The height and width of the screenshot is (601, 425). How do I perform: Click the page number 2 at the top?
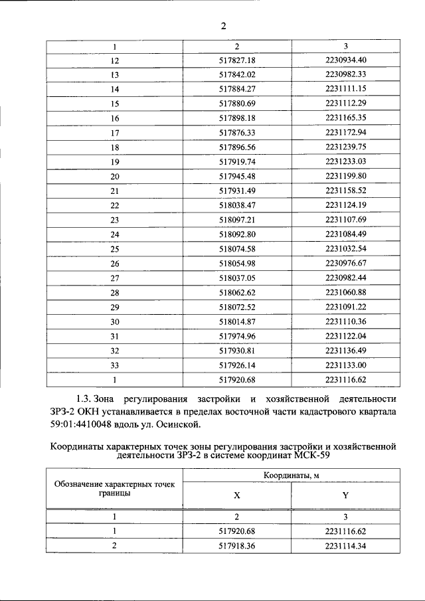click(x=224, y=26)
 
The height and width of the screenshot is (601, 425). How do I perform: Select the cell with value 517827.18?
click(x=237, y=61)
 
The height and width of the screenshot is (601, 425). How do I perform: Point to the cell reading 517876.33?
click(x=237, y=132)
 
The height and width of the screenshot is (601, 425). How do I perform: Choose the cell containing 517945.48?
click(x=237, y=175)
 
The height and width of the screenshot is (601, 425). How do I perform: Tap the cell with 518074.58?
click(x=237, y=248)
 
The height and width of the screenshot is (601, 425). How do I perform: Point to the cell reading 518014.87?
click(x=237, y=321)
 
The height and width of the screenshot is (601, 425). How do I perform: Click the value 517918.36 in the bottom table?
click(x=237, y=546)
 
